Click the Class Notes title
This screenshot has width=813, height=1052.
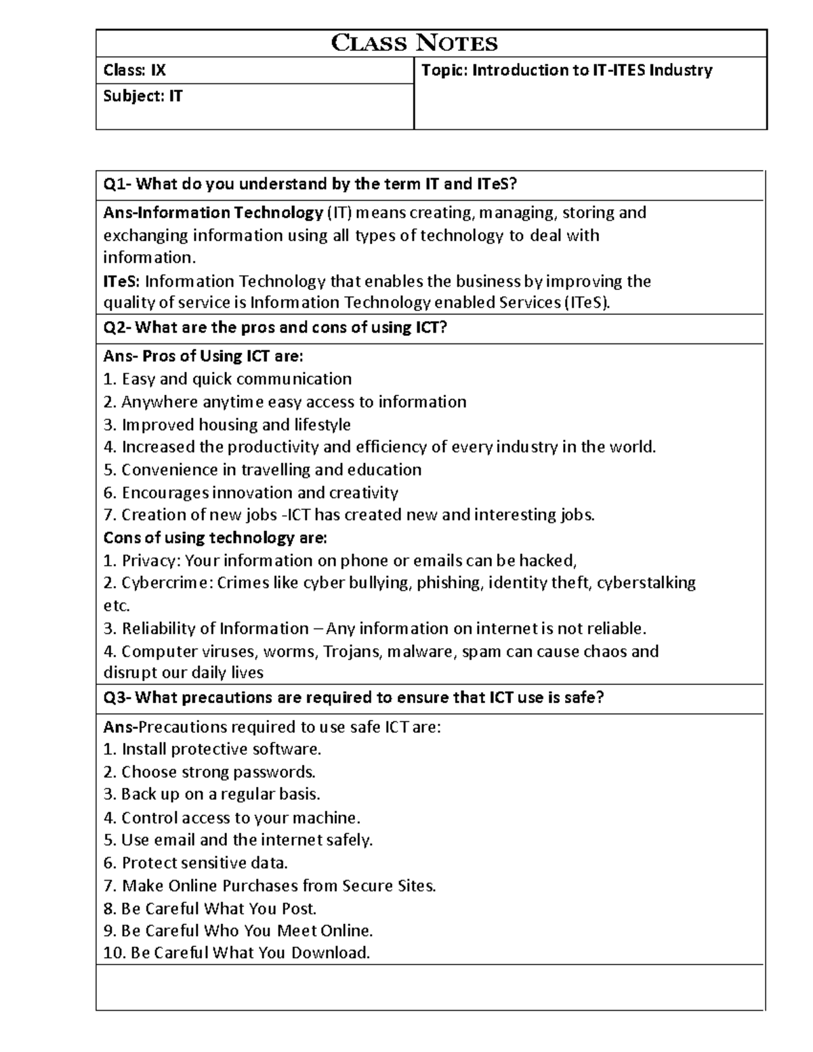414,43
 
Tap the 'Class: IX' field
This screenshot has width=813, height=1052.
134,70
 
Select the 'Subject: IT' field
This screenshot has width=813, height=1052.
142,96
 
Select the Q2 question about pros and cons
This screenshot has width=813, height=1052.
275,328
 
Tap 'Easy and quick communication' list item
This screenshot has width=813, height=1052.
236,379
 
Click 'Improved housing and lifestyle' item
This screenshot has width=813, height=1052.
236,425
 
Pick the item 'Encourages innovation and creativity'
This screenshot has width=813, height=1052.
259,492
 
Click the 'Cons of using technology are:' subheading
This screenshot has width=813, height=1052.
215,538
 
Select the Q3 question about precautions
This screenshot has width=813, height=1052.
353,698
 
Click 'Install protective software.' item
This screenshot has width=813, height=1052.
221,749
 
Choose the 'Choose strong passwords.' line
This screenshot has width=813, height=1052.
218,772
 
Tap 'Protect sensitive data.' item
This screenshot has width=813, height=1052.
205,863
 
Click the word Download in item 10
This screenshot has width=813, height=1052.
330,953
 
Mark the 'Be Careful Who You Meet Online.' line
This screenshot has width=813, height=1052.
247,931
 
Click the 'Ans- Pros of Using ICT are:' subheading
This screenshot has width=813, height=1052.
203,356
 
